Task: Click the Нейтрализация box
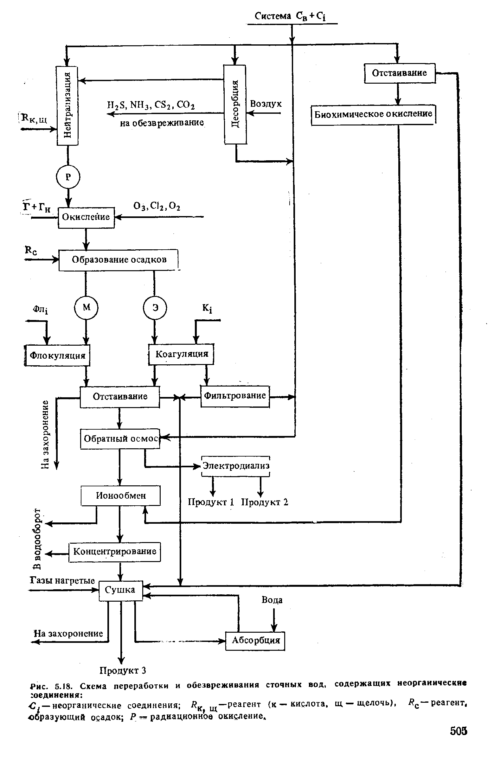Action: [67, 106]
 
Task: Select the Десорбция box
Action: [235, 104]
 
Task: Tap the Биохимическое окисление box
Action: [373, 114]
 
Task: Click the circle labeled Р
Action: [68, 177]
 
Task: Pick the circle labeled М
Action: [86, 308]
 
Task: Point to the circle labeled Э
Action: [155, 308]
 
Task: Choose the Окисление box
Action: [86, 218]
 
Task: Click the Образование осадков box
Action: [118, 260]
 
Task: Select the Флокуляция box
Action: [57, 355]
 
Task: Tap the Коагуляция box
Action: [181, 354]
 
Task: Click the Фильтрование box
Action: [235, 396]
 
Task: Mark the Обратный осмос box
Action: [120, 438]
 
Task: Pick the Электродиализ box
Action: [235, 466]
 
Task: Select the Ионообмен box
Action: [120, 496]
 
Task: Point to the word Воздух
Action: [266, 104]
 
